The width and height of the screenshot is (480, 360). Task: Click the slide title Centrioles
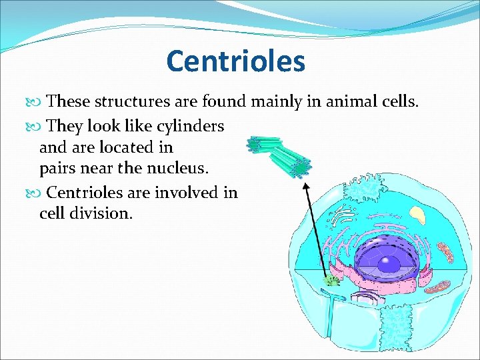(x=235, y=61)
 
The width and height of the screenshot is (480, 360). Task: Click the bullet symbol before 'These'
(x=38, y=102)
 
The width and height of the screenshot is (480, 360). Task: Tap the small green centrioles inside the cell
(x=331, y=280)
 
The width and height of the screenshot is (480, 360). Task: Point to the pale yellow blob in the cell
(x=417, y=215)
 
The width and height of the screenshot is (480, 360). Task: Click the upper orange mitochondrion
(x=444, y=252)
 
